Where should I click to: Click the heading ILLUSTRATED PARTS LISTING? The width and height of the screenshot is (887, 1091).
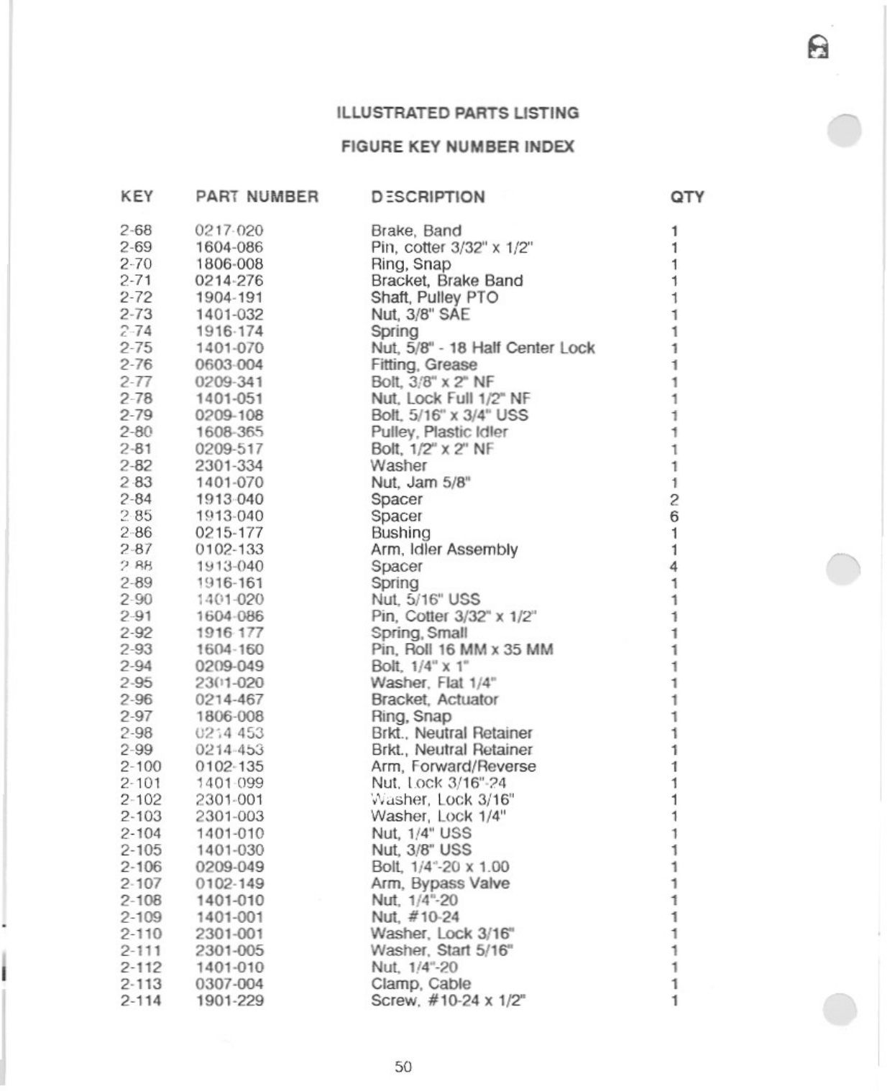tap(458, 113)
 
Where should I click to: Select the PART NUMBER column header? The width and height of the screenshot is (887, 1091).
tap(257, 197)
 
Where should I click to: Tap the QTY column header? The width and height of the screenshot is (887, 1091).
tap(686, 197)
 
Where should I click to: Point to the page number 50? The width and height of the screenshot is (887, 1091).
tap(403, 1067)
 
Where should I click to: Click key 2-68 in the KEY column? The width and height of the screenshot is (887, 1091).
tap(136, 231)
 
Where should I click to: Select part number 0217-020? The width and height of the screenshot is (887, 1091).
tap(229, 231)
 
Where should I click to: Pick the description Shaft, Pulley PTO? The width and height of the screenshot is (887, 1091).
tap(434, 297)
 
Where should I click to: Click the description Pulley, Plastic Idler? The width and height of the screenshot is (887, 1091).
tap(439, 432)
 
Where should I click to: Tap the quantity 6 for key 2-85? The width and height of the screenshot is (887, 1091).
tap(674, 516)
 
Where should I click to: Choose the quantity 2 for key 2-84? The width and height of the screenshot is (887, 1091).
tap(674, 500)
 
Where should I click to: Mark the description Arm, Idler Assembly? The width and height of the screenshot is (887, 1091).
tap(444, 549)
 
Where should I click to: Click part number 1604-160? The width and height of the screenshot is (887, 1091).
tap(229, 649)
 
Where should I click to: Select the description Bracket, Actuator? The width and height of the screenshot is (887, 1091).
tap(434, 700)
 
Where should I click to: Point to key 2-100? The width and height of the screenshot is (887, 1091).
tap(141, 766)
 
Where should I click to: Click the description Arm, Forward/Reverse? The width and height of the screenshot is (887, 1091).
tap(454, 766)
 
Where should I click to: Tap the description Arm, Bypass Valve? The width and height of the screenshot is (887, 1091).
tap(440, 883)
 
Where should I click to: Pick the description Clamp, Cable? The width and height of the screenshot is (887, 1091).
tap(420, 984)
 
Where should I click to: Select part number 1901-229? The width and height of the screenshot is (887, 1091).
tap(229, 1001)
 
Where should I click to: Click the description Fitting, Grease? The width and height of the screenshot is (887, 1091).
tap(423, 365)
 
